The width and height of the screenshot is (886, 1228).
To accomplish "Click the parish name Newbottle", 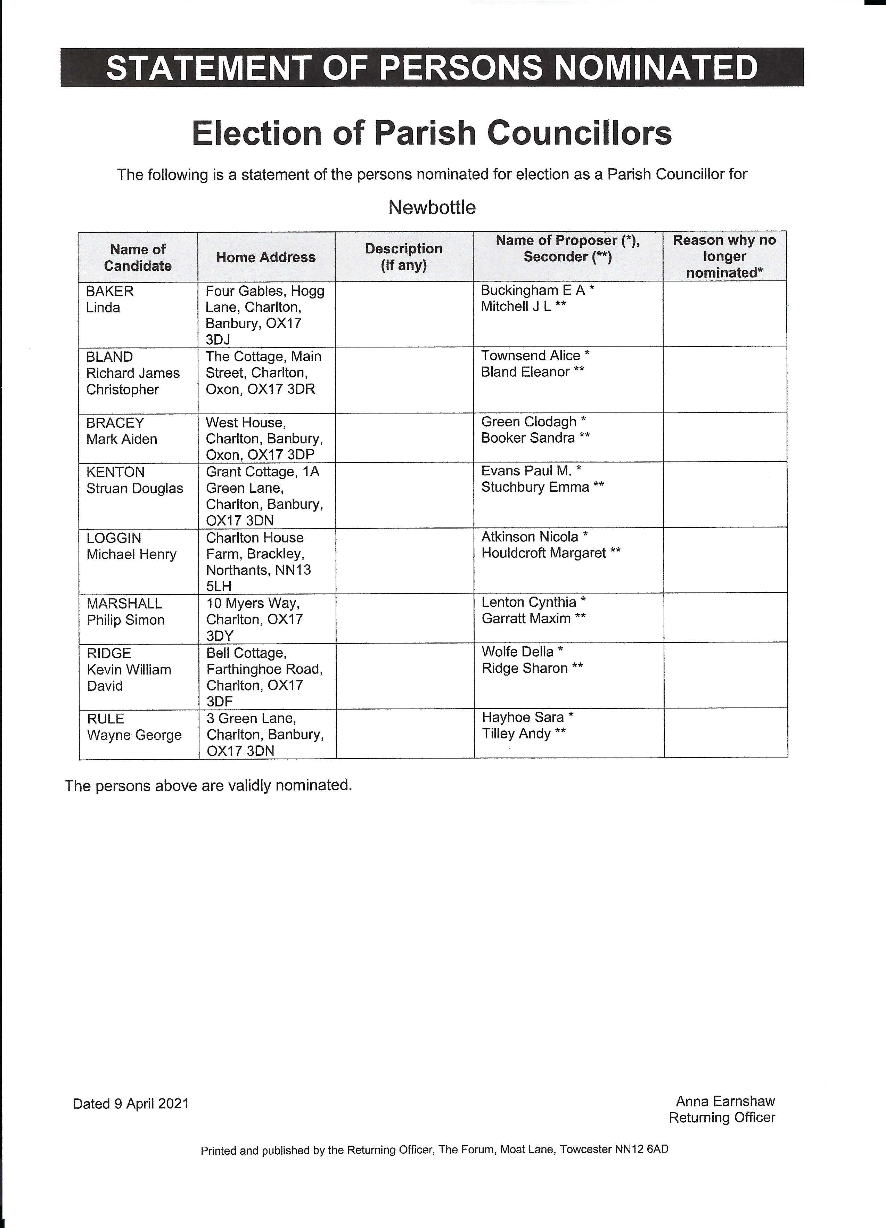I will click(432, 207).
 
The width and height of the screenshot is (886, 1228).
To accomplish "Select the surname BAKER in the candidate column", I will click(110, 291).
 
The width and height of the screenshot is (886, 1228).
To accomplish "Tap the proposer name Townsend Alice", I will click(531, 356).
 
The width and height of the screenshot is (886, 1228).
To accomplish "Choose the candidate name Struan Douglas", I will click(135, 488).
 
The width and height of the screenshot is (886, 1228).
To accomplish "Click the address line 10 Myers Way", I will click(253, 603).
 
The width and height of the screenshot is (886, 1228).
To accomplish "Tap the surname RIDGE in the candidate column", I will click(109, 654).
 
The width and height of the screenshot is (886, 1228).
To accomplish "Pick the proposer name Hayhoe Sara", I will click(523, 718).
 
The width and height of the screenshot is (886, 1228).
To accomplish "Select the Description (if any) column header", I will click(404, 257).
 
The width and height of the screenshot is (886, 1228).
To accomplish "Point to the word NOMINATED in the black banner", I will click(657, 68).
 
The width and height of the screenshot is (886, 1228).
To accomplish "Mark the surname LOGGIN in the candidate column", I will click(114, 538).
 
